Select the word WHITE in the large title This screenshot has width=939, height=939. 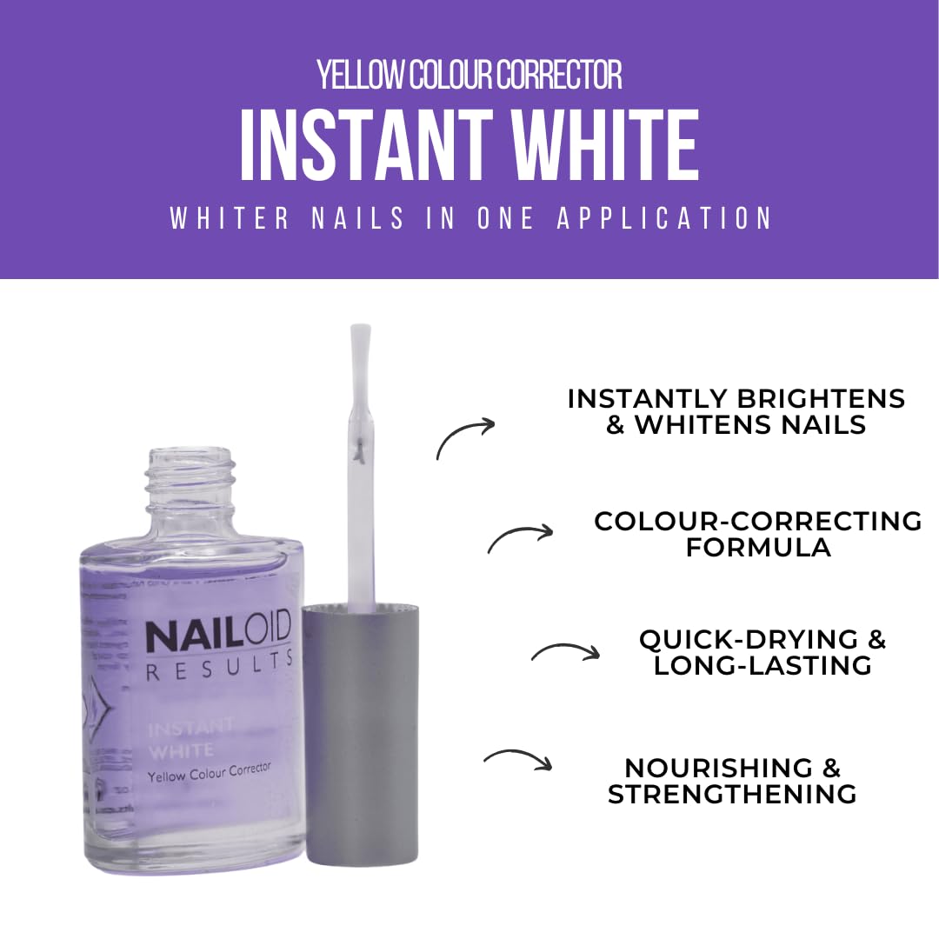click(x=605, y=147)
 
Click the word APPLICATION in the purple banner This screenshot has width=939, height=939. click(x=664, y=218)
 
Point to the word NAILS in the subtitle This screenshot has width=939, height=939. click(x=357, y=218)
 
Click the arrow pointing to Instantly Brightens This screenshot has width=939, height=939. click(x=465, y=437)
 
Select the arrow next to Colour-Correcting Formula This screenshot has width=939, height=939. click(x=520, y=538)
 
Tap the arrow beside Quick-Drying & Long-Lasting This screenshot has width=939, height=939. click(x=565, y=652)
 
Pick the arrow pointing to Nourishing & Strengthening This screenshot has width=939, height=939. click(x=518, y=759)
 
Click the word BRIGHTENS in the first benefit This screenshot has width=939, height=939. click(x=820, y=399)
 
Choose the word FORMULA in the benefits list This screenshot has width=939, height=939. click(x=758, y=548)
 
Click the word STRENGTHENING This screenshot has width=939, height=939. click(x=732, y=794)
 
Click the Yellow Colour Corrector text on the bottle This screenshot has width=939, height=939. click(x=209, y=771)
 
